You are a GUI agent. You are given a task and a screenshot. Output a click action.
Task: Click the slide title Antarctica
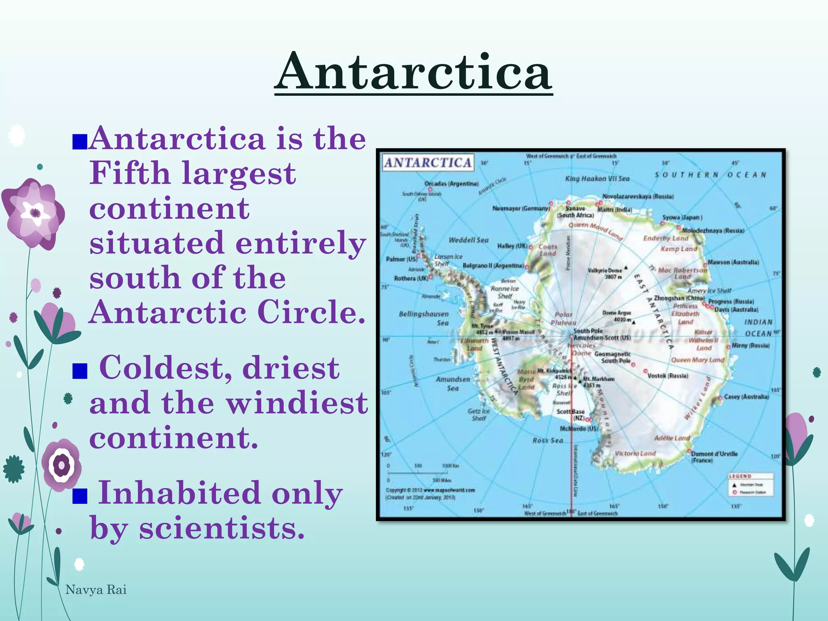point(413,72)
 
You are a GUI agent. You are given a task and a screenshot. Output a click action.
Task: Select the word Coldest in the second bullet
point(165,368)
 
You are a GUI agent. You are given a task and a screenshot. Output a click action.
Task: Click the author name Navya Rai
point(96,590)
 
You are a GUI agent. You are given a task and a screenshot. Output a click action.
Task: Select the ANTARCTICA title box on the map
point(428,163)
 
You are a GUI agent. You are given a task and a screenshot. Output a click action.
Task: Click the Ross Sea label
point(547,440)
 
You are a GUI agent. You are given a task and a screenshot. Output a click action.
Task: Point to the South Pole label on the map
point(588,331)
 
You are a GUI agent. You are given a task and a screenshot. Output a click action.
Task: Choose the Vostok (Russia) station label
point(667,376)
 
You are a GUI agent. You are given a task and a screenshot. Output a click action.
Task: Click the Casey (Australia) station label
point(746,397)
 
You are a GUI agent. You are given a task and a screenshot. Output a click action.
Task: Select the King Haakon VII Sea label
point(597,179)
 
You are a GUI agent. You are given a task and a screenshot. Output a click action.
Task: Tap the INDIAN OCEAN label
point(758,327)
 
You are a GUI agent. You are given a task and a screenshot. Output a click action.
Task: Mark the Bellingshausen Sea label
point(424,318)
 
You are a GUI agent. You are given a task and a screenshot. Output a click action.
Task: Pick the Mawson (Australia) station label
point(733,262)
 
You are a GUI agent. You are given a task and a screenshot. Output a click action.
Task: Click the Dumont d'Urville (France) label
point(714,456)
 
